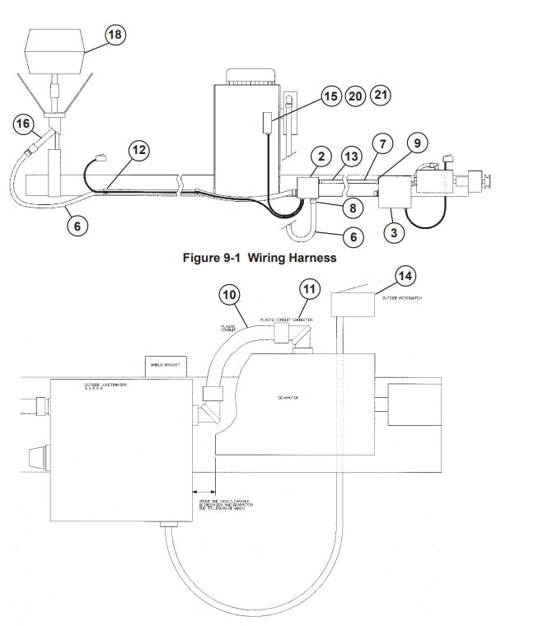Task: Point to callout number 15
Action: point(330,96)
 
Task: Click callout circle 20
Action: point(355,96)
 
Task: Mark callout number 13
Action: point(351,156)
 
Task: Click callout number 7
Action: point(382,144)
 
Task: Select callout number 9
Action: point(418,144)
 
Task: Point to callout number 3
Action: point(395,232)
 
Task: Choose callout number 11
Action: point(308,288)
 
